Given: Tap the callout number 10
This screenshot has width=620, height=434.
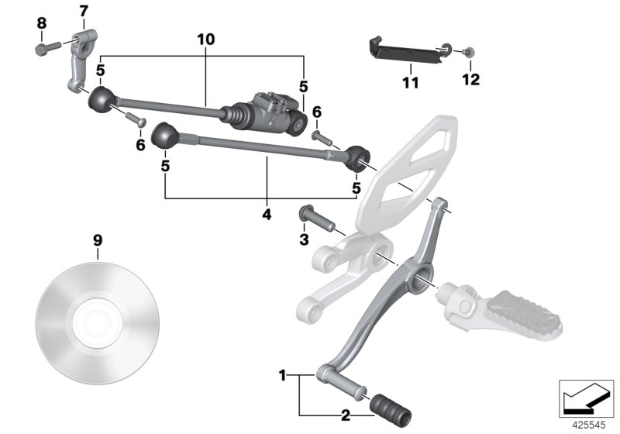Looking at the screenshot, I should click(205, 39).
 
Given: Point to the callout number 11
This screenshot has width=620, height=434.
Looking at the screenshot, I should click(410, 81).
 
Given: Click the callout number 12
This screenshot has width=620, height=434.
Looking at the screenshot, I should click(471, 79).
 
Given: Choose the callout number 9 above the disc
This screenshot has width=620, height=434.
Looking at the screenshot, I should click(98, 240).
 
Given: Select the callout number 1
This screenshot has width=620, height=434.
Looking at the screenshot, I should click(282, 376).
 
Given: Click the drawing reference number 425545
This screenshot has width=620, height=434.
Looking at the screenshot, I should click(586, 425).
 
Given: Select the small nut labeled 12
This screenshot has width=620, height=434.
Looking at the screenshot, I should click(470, 53).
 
